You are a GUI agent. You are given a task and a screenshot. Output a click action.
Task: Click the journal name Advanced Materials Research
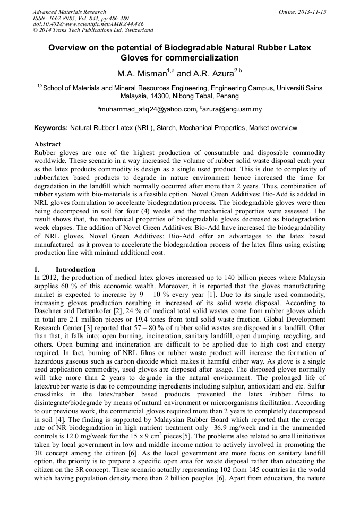[x=69, y=12]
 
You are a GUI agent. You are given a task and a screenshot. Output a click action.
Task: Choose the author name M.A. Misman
[x=139, y=73]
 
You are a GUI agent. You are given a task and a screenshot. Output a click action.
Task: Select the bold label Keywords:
[x=51, y=128]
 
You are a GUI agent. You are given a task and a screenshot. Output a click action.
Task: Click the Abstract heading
[x=47, y=144]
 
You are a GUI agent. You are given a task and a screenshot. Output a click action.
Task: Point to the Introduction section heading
[x=75, y=269]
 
